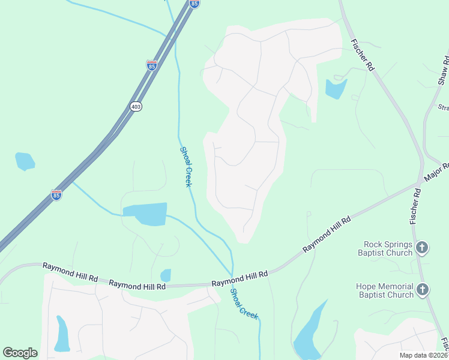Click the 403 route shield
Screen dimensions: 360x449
click(x=136, y=106)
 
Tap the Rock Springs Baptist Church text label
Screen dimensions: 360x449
click(x=388, y=248)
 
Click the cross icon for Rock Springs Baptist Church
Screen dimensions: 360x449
click(x=422, y=247)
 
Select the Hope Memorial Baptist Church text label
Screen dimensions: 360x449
click(x=385, y=290)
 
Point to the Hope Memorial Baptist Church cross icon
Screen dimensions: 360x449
click(x=422, y=290)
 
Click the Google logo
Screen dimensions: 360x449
click(x=20, y=352)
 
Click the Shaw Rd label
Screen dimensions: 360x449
click(x=443, y=71)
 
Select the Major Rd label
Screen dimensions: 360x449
click(x=436, y=173)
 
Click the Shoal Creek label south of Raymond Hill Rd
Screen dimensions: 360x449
click(x=244, y=304)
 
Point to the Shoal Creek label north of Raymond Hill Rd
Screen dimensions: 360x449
click(x=185, y=167)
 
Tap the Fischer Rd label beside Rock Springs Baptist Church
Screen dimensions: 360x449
click(x=415, y=206)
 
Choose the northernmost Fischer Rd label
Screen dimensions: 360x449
click(x=363, y=55)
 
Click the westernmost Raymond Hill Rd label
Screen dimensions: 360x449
click(x=70, y=273)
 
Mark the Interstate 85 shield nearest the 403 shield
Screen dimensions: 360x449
click(x=152, y=64)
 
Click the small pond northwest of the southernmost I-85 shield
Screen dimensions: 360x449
click(x=25, y=161)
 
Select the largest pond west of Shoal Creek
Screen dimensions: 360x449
click(x=145, y=214)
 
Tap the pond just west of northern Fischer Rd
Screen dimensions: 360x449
click(x=336, y=89)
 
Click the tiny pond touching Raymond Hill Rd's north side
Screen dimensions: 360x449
click(x=166, y=275)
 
